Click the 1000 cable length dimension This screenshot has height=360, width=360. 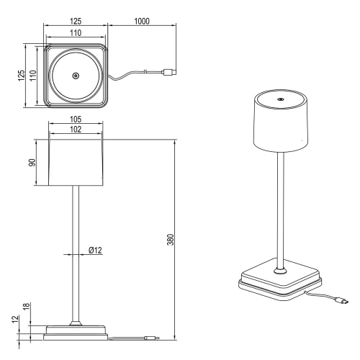(142, 22)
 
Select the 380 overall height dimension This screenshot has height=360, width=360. (170, 239)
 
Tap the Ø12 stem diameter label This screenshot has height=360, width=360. (96, 250)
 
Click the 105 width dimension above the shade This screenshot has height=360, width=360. (76, 120)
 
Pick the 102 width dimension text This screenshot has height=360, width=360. (76, 130)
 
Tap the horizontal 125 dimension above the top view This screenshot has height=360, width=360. (76, 22)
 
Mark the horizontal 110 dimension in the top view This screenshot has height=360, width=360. (76, 33)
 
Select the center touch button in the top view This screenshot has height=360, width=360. (76, 76)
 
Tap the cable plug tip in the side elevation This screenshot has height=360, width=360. (150, 337)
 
